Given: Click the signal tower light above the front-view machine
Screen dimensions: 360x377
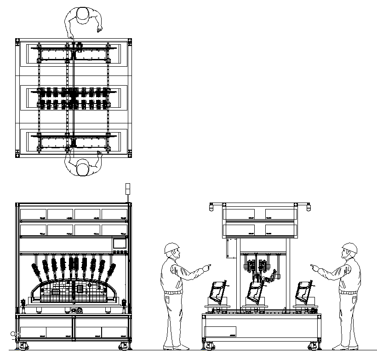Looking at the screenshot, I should click(128, 189).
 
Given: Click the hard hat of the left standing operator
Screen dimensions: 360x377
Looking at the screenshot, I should click(171, 248).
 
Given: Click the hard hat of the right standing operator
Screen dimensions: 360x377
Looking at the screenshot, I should click(350, 248).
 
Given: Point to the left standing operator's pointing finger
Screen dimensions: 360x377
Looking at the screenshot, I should click(209, 265).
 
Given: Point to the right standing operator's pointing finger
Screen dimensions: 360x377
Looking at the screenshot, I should click(313, 266).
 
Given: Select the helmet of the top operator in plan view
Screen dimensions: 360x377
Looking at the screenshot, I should click(83, 14).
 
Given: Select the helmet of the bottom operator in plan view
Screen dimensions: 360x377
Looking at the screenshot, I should click(83, 168).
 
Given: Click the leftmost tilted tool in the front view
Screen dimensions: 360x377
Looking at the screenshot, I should click(36, 271).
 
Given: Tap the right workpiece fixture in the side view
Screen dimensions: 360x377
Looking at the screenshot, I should click(304, 291).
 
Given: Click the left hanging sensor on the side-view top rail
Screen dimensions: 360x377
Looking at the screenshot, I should click(211, 207).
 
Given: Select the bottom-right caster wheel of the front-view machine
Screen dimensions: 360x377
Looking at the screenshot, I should click(123, 345).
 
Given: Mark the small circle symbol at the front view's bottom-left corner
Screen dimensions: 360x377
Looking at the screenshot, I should click(13, 333).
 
